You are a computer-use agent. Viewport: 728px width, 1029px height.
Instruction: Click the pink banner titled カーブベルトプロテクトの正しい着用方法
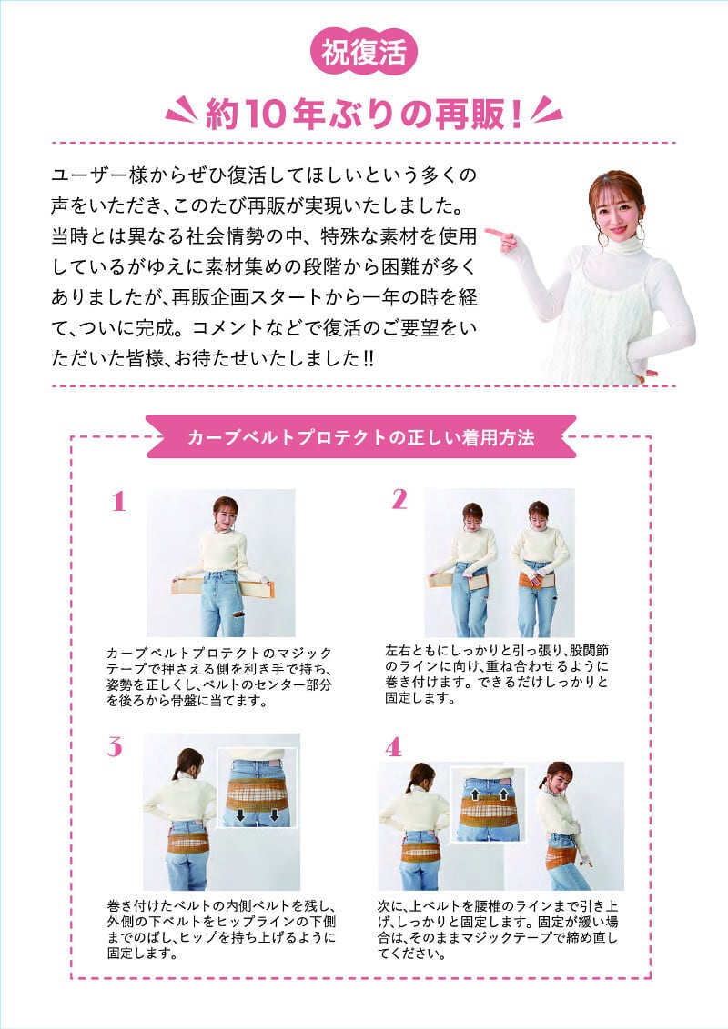[x=360, y=437]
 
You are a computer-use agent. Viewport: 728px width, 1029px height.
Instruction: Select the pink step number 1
[x=118, y=502]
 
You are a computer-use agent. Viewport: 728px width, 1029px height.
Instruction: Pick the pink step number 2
[x=399, y=499]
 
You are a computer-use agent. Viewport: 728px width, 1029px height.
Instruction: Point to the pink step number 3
[x=115, y=747]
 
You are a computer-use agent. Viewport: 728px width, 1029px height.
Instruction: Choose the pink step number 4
[x=393, y=747]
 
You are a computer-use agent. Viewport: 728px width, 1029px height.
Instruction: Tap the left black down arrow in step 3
[x=240, y=815]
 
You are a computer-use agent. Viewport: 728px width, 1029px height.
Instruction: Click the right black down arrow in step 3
[x=274, y=815]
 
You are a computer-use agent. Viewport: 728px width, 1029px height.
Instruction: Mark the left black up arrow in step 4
[x=474, y=794]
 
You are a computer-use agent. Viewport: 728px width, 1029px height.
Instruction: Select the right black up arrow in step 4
[x=503, y=794]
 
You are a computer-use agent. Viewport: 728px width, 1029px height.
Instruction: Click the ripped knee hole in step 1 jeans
[x=238, y=620]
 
